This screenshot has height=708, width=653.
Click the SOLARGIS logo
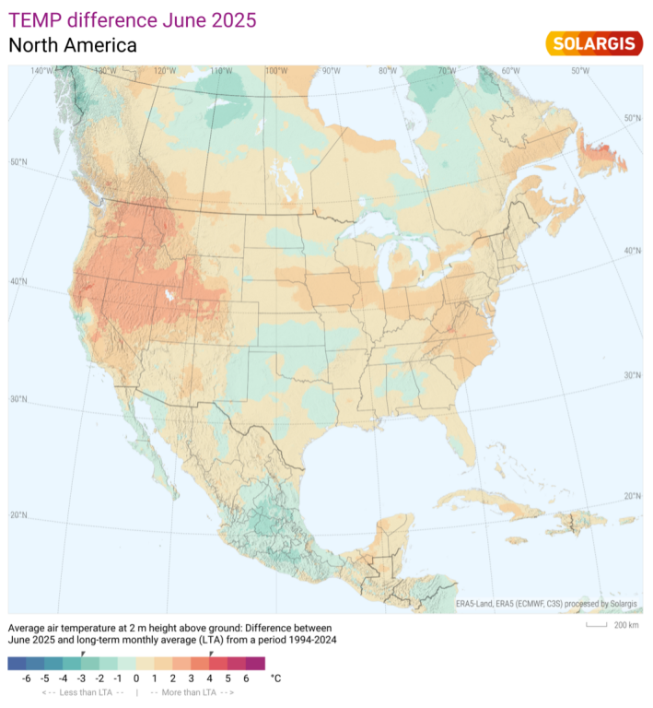593,42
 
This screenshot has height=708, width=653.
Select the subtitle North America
73,45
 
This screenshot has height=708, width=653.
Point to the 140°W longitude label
42,71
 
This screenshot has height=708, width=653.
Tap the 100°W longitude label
275,71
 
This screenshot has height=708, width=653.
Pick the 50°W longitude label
580,71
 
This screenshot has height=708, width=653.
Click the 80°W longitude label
388,71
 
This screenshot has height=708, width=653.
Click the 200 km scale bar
607,625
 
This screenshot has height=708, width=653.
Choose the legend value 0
136,678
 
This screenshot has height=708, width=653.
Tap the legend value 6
246,678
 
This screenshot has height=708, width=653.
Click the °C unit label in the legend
275,678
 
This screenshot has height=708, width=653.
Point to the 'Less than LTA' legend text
83,691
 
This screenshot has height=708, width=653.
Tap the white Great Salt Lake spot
169,297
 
